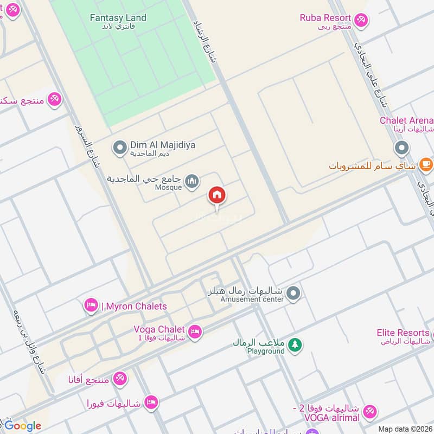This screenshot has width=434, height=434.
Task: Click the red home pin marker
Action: tap(217, 195)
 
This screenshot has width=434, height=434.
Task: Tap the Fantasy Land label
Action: tap(118, 18)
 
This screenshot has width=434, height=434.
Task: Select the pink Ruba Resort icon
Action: tap(361, 21)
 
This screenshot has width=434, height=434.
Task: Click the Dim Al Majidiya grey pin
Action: tap(119, 147)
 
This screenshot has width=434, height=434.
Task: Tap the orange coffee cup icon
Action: tap(426, 163)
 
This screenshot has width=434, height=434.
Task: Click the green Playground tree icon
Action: tap(295, 345)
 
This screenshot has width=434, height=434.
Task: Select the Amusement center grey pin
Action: tap(293, 293)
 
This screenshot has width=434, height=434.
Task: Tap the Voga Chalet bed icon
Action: tap(195, 331)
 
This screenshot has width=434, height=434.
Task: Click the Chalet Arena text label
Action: tap(406, 120)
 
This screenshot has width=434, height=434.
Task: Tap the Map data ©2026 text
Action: tap(405, 429)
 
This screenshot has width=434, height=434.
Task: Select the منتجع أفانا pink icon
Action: tap(120, 378)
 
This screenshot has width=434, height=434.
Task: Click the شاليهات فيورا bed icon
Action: tap(152, 402)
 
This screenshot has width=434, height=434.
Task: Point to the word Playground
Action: tap(266, 352)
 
